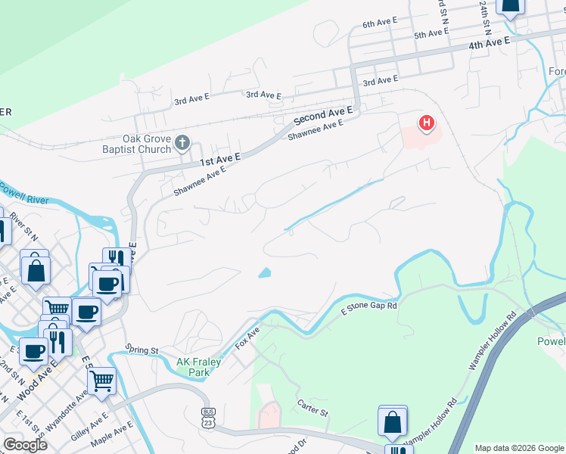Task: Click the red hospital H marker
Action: pyautogui.click(x=427, y=122)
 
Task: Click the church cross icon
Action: pyautogui.click(x=182, y=142)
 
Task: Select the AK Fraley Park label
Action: pyautogui.click(x=199, y=367)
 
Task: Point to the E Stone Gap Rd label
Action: pyautogui.click(x=369, y=306)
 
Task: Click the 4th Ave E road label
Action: pyautogui.click(x=489, y=44)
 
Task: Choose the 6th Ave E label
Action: pyautogui.click(x=380, y=23)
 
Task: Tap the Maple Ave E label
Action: pyautogui.click(x=111, y=437)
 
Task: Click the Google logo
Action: pyautogui.click(x=25, y=445)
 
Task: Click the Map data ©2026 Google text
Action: pyautogui.click(x=518, y=448)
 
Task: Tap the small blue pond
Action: pyautogui.click(x=265, y=272)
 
